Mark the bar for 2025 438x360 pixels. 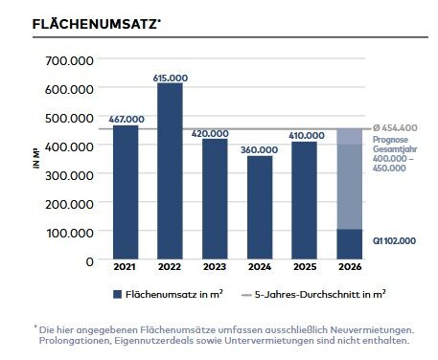point(305,200)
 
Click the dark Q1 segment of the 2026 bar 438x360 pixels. point(350,244)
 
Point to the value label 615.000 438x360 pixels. point(170,77)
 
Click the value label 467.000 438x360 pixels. point(126,119)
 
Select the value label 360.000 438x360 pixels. point(260,148)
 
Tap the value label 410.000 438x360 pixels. point(305,134)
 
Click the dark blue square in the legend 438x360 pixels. point(117,295)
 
